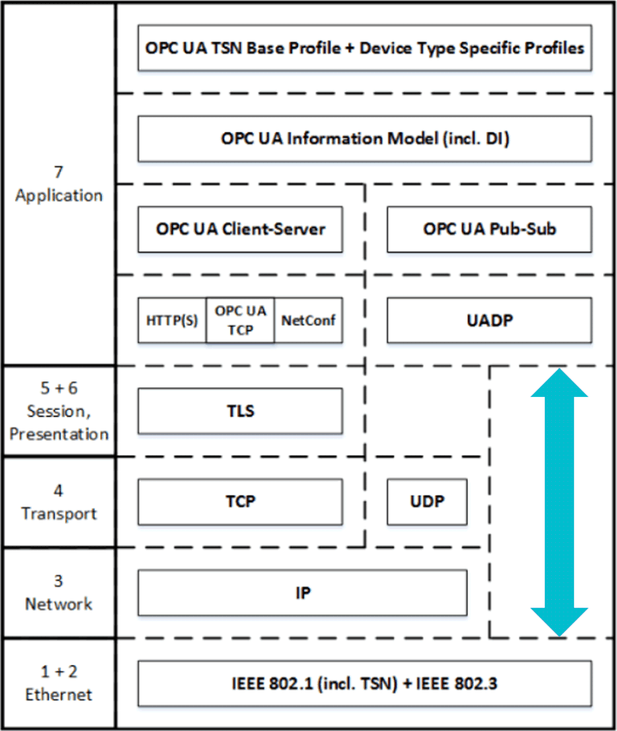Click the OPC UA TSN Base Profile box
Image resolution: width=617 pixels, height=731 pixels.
pos(365,48)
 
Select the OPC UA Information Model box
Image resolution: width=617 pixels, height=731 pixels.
pos(365,139)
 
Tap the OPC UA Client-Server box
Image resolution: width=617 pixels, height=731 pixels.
pos(240,229)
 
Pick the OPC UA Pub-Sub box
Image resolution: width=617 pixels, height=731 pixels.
pos(489,229)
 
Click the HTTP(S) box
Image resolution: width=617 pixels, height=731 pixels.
pos(172,320)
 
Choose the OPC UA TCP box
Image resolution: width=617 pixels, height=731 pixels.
pos(240,320)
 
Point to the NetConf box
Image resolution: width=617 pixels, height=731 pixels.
pos(308,320)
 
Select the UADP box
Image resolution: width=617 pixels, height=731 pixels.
pos(489,320)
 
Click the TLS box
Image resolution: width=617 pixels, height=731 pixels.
pos(240,411)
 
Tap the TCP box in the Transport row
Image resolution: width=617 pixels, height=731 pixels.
pos(240,502)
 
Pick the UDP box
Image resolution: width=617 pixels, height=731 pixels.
pos(427,502)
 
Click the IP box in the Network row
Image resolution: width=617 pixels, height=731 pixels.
pos(302,593)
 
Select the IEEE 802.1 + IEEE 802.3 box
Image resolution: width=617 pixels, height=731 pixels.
pos(365,684)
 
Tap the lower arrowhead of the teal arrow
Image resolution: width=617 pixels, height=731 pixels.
pos(559,620)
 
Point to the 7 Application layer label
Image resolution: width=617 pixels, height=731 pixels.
pos(59,184)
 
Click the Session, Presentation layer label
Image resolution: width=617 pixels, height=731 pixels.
pos(59,411)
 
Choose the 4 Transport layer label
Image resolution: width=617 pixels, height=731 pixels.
pos(59,502)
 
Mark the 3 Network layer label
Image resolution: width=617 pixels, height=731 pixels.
pos(59,593)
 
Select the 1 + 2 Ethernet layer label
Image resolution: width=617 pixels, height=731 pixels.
pos(59,683)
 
